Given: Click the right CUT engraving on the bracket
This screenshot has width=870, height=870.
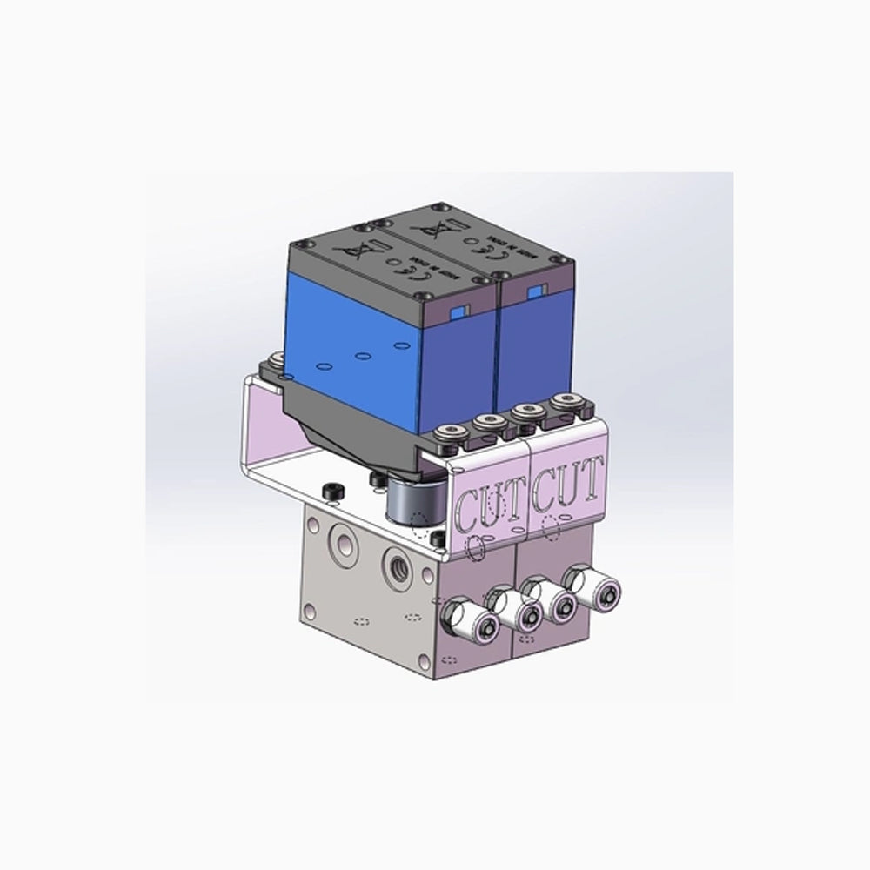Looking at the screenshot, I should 567,486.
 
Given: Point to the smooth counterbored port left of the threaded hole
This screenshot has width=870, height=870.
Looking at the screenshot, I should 345,545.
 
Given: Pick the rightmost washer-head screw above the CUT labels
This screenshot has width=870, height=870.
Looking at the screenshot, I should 568,402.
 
